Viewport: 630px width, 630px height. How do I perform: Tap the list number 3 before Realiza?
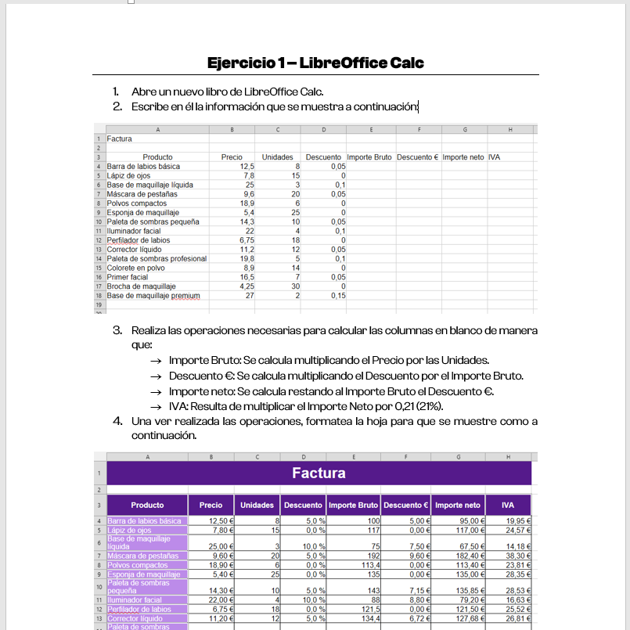[117, 330]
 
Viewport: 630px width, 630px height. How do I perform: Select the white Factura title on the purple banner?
[319, 473]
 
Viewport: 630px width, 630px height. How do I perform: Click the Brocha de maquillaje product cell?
[139, 286]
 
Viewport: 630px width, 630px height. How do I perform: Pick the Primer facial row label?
[128, 277]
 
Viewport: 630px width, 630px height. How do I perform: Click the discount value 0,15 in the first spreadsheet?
[338, 296]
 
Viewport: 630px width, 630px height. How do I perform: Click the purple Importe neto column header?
[458, 505]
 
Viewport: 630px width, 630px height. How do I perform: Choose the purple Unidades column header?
[257, 505]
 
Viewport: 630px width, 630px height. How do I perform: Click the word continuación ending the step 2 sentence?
[381, 106]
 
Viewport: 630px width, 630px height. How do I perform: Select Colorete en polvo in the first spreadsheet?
[136, 268]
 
